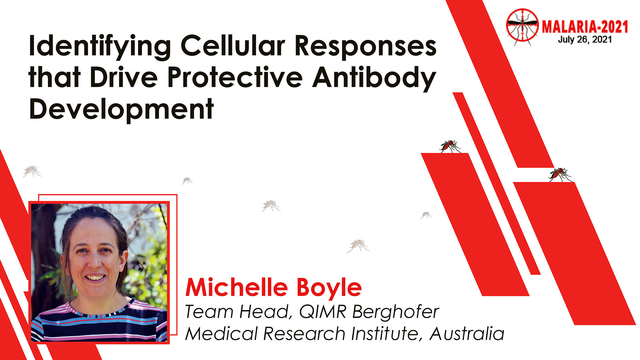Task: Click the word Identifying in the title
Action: pos(100,46)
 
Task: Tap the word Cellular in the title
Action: pos(233,45)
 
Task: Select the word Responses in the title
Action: pos(366,47)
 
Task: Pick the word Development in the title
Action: pos(122,110)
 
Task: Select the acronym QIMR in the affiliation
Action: pos(322,312)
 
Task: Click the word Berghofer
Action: pos(396,312)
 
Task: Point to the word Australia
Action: pos(466,334)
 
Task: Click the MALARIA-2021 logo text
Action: pos(585,27)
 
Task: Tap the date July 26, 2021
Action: pos(585,40)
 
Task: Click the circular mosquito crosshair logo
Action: pos(522,26)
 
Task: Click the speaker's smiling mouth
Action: pos(95,278)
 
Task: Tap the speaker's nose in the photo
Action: pos(94,262)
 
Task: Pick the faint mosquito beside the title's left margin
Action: pos(32,171)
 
